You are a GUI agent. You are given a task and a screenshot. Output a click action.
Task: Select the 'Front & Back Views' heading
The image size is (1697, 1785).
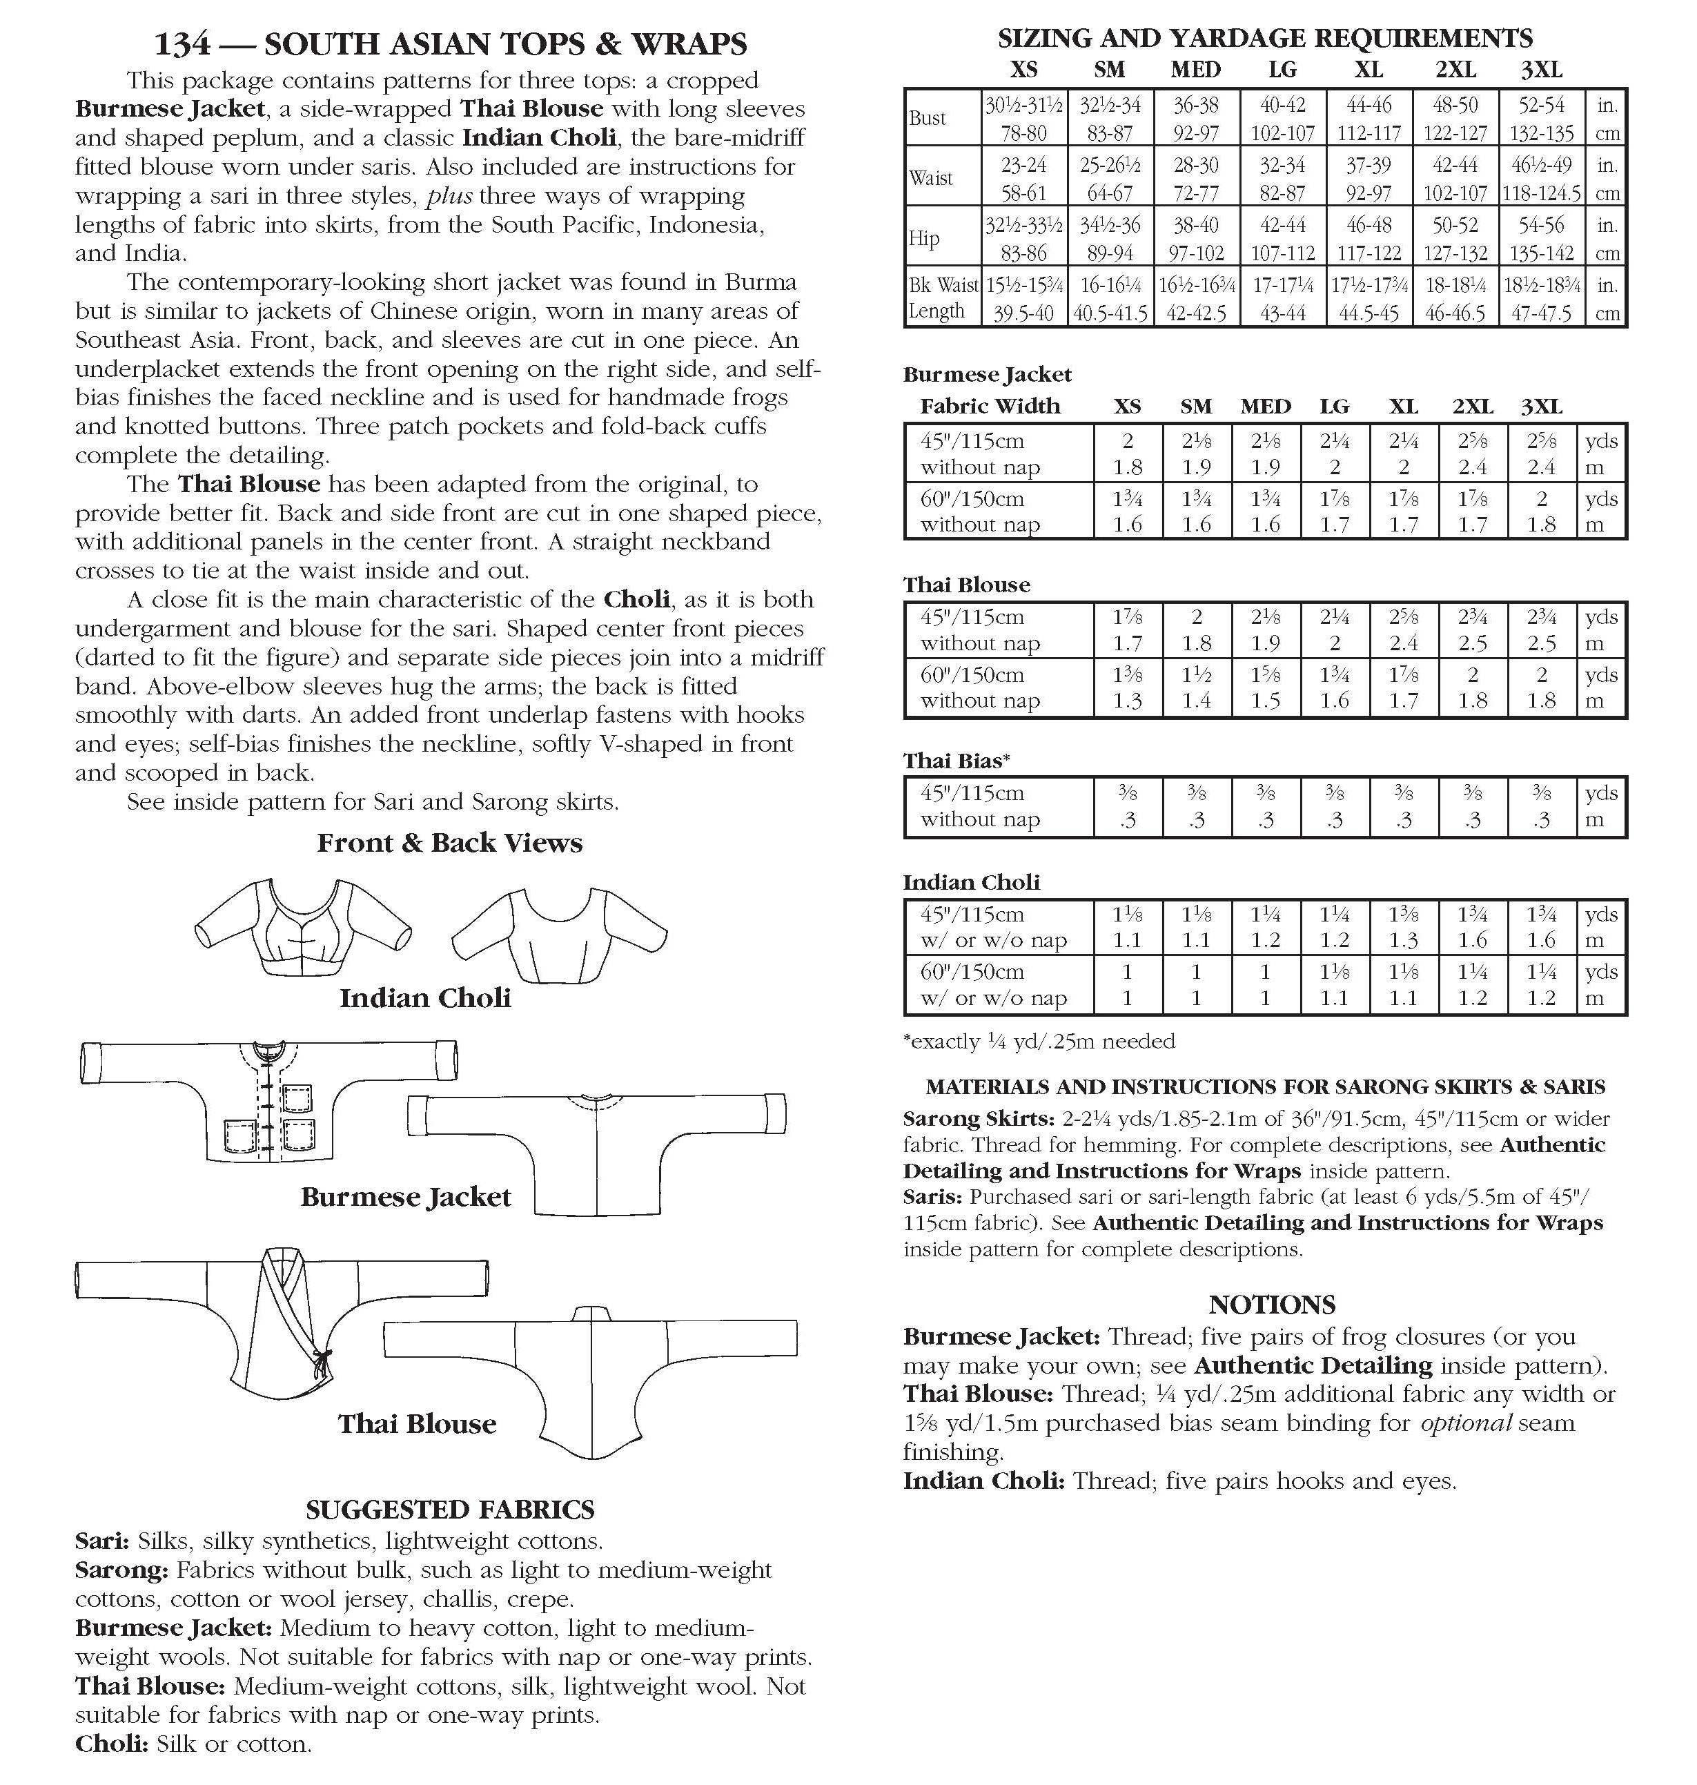[x=449, y=843]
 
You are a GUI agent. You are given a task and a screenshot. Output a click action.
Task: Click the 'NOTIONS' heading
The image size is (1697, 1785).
[x=1271, y=1304]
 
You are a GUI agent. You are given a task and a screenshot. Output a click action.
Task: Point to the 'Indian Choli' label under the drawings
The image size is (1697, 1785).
[x=425, y=998]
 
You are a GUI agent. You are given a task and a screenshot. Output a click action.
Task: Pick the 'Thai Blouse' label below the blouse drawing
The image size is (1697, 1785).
[x=417, y=1424]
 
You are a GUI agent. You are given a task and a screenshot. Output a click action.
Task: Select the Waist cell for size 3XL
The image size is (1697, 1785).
[x=1542, y=178]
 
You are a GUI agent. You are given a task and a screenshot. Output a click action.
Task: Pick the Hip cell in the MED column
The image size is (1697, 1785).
[x=1196, y=238]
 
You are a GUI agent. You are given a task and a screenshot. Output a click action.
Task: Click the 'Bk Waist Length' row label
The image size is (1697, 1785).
[x=942, y=297]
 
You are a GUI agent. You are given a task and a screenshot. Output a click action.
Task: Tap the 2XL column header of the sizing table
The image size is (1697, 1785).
[x=1455, y=70]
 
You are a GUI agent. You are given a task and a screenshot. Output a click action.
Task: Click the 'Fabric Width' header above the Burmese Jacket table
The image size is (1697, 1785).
[x=990, y=407]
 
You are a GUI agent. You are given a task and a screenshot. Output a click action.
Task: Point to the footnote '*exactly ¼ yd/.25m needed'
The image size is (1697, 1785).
[x=1039, y=1042]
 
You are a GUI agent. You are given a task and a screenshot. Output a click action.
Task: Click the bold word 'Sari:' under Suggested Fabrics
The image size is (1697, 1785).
[x=102, y=1541]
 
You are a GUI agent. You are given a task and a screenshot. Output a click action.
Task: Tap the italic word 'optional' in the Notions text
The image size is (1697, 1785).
[x=1464, y=1423]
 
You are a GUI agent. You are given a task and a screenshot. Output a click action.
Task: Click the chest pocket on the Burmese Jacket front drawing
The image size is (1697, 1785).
[x=297, y=1098]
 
